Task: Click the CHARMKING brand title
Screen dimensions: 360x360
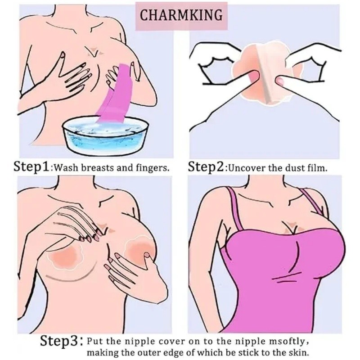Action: [x=181, y=15]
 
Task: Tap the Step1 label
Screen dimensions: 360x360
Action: [x=31, y=166]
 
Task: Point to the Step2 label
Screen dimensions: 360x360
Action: [x=206, y=167]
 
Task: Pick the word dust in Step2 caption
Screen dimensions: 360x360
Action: [x=295, y=168]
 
